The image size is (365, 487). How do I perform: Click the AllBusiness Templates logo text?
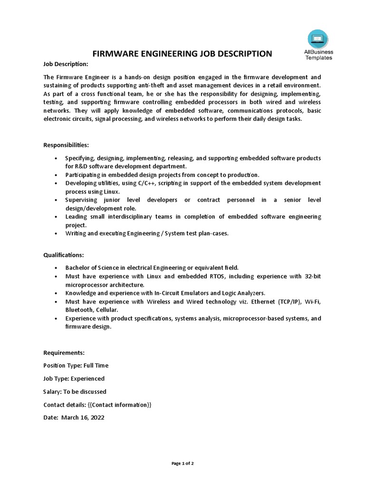(318, 55)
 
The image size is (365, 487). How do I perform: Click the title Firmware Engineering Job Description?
(182, 53)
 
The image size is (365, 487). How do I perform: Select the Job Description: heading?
(66, 64)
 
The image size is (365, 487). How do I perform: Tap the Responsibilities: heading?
(66, 145)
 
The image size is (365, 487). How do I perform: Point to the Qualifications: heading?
(64, 255)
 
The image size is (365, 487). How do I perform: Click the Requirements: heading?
(64, 353)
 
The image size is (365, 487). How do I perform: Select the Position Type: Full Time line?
(76, 366)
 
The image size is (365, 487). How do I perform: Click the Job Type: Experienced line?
(74, 379)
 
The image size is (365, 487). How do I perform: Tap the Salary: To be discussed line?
(75, 392)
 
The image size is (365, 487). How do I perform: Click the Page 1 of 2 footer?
(182, 463)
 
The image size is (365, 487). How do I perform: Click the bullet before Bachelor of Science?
(57, 268)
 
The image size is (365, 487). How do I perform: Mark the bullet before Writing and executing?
(57, 234)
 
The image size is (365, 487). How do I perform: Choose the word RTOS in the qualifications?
(203, 276)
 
